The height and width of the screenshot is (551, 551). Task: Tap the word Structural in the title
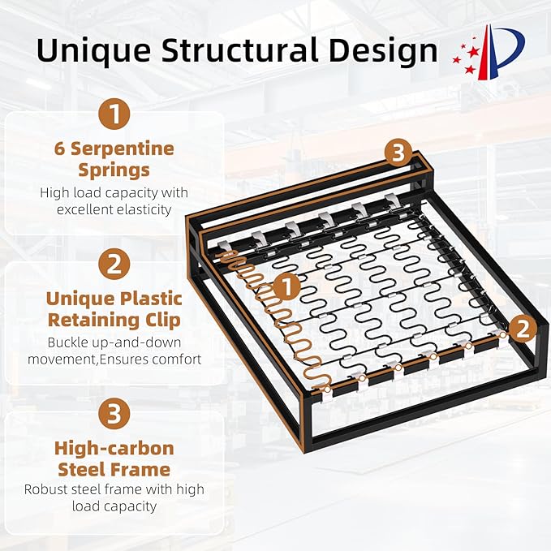point(240,50)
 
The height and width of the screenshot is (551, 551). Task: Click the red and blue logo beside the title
point(489,52)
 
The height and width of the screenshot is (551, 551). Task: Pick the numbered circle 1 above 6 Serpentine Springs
point(114,114)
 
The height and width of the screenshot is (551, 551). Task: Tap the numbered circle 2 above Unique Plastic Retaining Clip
point(114,264)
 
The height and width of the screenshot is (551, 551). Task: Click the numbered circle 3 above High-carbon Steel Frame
point(114,414)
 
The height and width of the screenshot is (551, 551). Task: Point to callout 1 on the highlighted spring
point(286,286)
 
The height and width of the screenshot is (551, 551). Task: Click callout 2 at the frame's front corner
point(523,329)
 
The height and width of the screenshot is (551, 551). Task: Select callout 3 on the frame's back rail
point(398,153)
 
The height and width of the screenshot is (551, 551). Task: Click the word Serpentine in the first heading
point(123,149)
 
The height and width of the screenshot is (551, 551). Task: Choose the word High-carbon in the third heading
point(114,449)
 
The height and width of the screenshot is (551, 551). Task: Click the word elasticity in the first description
point(144,210)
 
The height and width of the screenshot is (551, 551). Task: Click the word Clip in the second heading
point(166,321)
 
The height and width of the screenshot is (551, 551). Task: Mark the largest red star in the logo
point(474,53)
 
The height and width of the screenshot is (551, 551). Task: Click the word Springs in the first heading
point(114,170)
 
